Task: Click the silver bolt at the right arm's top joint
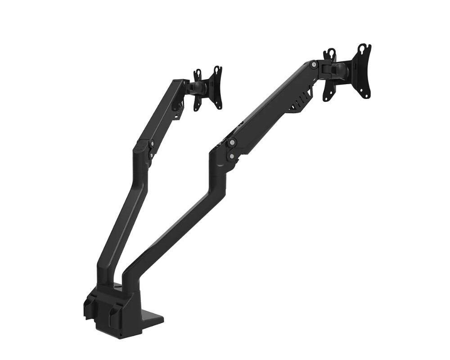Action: click(x=314, y=65)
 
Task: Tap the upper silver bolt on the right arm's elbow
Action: click(x=232, y=143)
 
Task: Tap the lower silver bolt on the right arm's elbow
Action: click(x=231, y=156)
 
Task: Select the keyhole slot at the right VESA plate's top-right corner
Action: click(x=364, y=48)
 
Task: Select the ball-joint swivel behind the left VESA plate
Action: click(x=199, y=88)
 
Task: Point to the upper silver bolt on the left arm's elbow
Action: click(x=152, y=144)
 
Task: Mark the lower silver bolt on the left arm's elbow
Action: click(x=151, y=156)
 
